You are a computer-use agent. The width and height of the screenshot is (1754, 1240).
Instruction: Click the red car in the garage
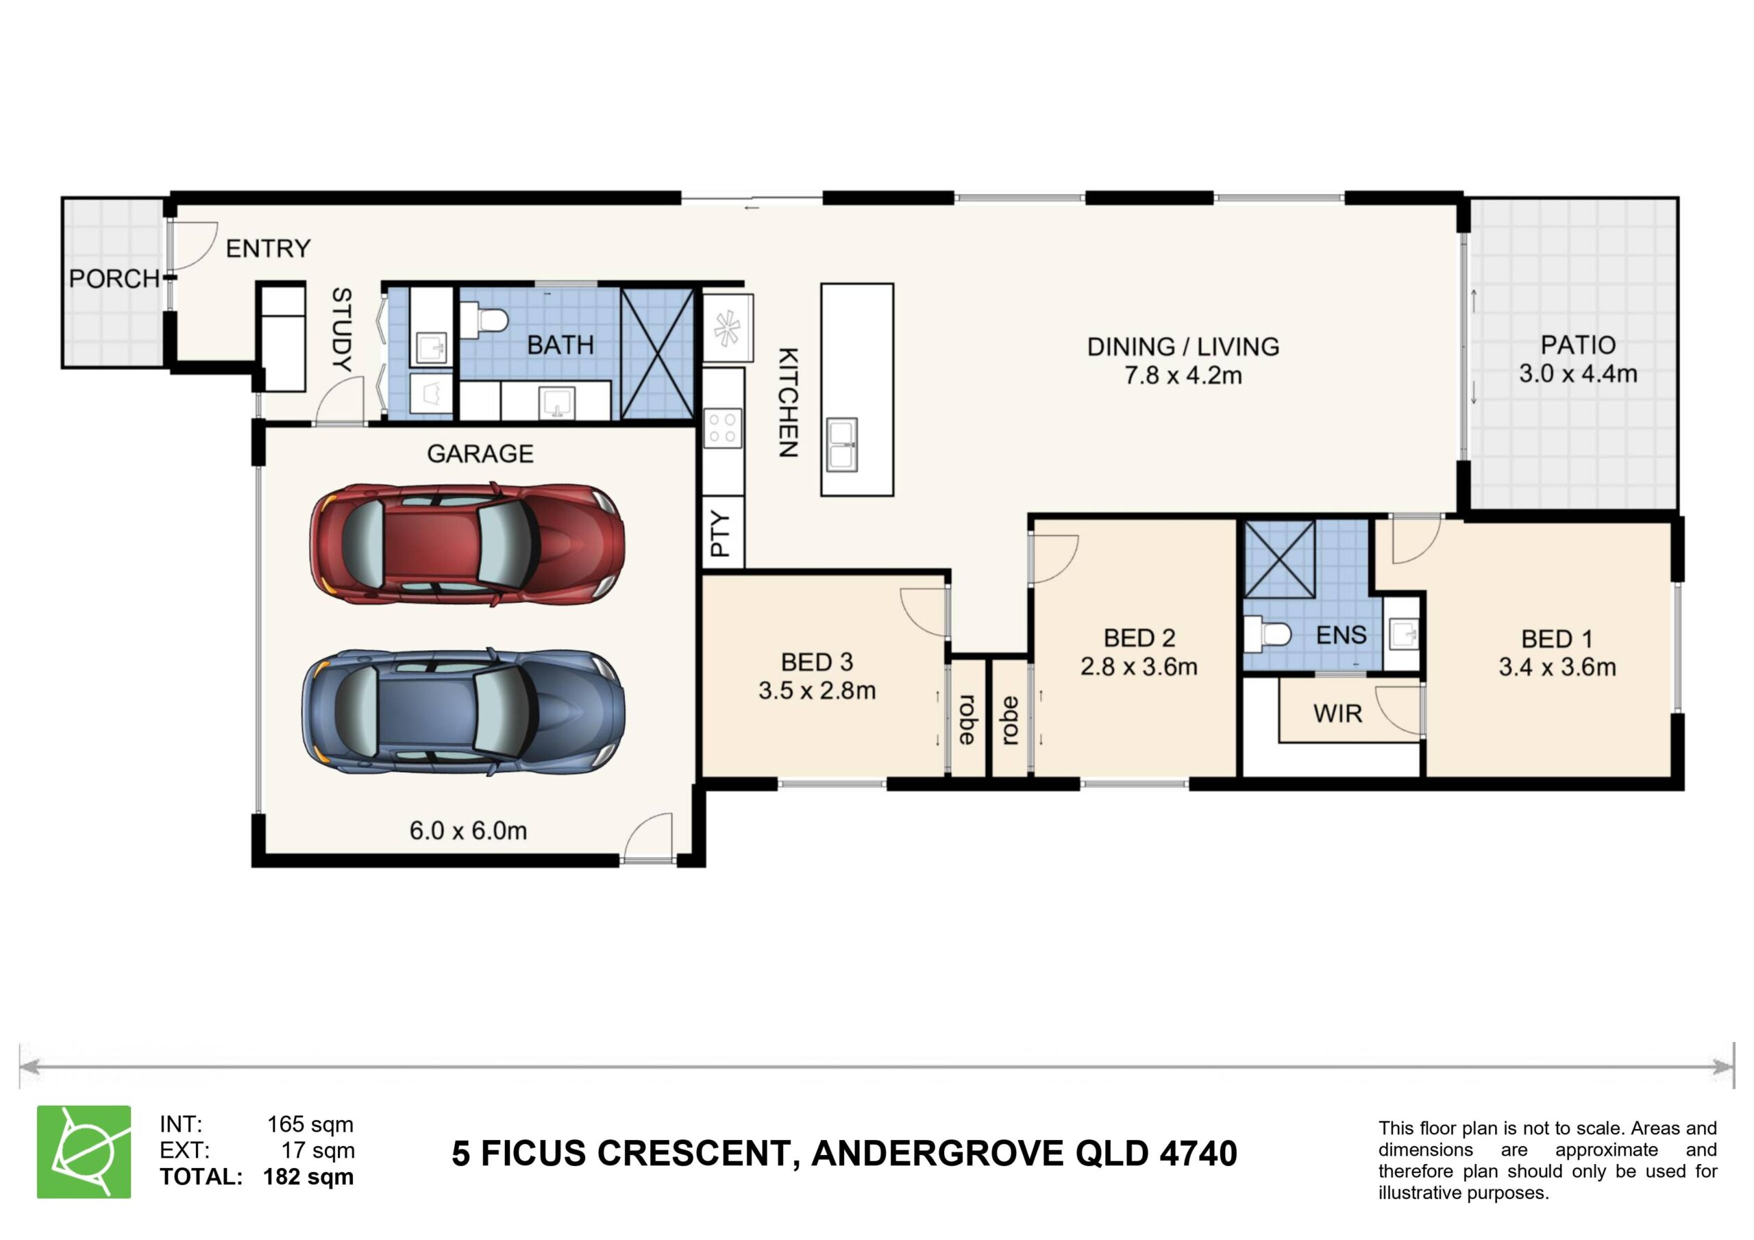click(467, 543)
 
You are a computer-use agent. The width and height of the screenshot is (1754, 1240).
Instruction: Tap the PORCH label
click(114, 279)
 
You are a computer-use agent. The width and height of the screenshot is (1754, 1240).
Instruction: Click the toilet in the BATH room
click(484, 319)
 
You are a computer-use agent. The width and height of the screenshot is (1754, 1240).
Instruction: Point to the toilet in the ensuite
click(1268, 634)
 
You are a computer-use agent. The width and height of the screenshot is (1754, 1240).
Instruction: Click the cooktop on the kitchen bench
click(723, 428)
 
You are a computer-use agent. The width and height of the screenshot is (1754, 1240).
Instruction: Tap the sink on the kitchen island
click(841, 444)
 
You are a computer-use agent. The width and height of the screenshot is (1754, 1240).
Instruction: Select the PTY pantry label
click(720, 534)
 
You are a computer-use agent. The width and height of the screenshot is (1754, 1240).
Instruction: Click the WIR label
click(1337, 714)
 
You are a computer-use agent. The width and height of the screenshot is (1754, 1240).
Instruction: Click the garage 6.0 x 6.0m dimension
click(468, 830)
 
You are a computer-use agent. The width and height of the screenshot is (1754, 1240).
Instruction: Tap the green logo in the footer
click(84, 1152)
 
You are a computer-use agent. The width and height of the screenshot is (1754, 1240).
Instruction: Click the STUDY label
click(341, 330)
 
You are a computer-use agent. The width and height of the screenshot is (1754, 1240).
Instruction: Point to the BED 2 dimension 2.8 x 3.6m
click(1138, 667)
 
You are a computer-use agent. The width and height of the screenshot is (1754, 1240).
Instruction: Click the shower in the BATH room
click(658, 353)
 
